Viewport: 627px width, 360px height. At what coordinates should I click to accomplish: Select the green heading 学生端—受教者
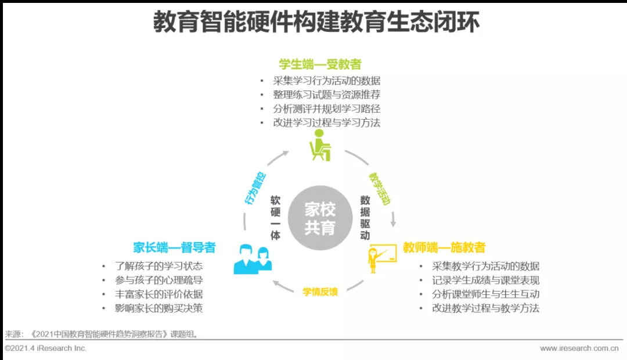(x=320, y=64)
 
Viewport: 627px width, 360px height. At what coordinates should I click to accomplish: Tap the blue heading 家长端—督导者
(x=174, y=248)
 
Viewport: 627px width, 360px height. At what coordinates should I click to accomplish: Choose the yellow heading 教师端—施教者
(x=444, y=248)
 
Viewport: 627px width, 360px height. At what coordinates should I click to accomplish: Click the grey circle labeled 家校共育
(x=320, y=218)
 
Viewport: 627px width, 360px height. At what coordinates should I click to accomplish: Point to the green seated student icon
(x=319, y=145)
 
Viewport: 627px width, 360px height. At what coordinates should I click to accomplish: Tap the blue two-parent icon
(x=253, y=260)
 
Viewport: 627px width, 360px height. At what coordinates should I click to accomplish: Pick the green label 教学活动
(x=380, y=188)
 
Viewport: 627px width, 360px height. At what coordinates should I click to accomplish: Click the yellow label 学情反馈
(x=320, y=291)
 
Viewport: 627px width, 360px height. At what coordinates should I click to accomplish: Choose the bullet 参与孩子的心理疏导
(x=158, y=280)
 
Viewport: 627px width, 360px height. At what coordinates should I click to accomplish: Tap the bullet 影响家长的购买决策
(x=158, y=308)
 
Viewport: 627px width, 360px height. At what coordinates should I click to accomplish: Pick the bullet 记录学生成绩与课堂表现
(x=485, y=280)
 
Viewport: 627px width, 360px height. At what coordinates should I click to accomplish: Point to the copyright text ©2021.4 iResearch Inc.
(x=46, y=348)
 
